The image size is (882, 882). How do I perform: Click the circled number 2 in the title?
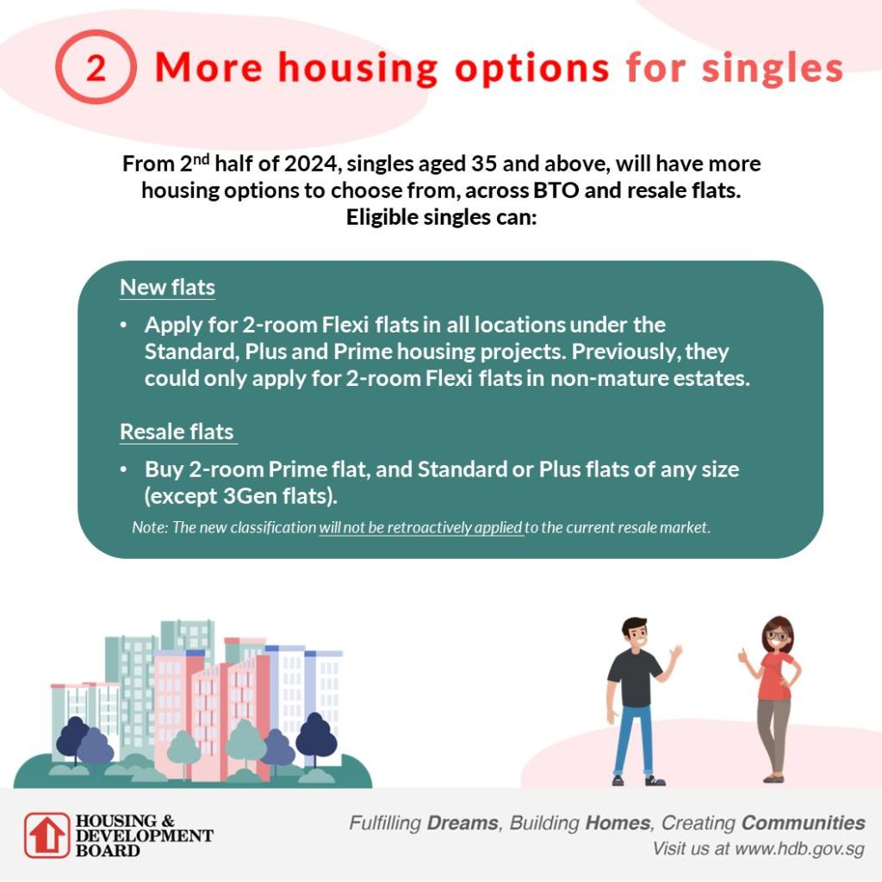coord(96,68)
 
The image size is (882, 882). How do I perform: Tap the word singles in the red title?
coord(772,68)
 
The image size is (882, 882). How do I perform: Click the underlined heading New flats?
coord(167,288)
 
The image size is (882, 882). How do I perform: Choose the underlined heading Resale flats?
coord(177,432)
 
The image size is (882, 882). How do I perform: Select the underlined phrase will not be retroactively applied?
coord(421,527)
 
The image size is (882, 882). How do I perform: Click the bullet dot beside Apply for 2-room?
coord(126,326)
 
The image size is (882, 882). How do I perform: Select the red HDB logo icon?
coord(45,835)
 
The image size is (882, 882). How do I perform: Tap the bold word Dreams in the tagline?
coord(462,822)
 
